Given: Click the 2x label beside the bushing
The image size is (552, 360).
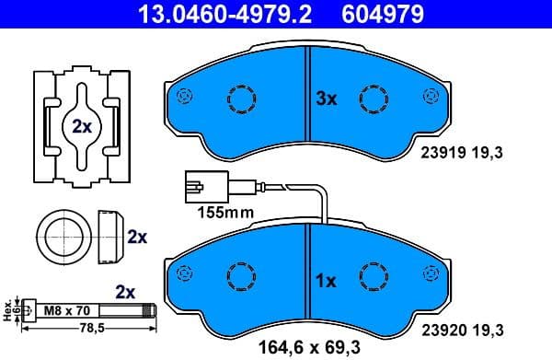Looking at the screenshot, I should click(x=136, y=237).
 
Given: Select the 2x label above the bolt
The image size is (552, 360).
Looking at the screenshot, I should click(x=124, y=292).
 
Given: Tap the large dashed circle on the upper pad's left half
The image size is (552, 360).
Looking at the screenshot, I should click(x=244, y=98).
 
